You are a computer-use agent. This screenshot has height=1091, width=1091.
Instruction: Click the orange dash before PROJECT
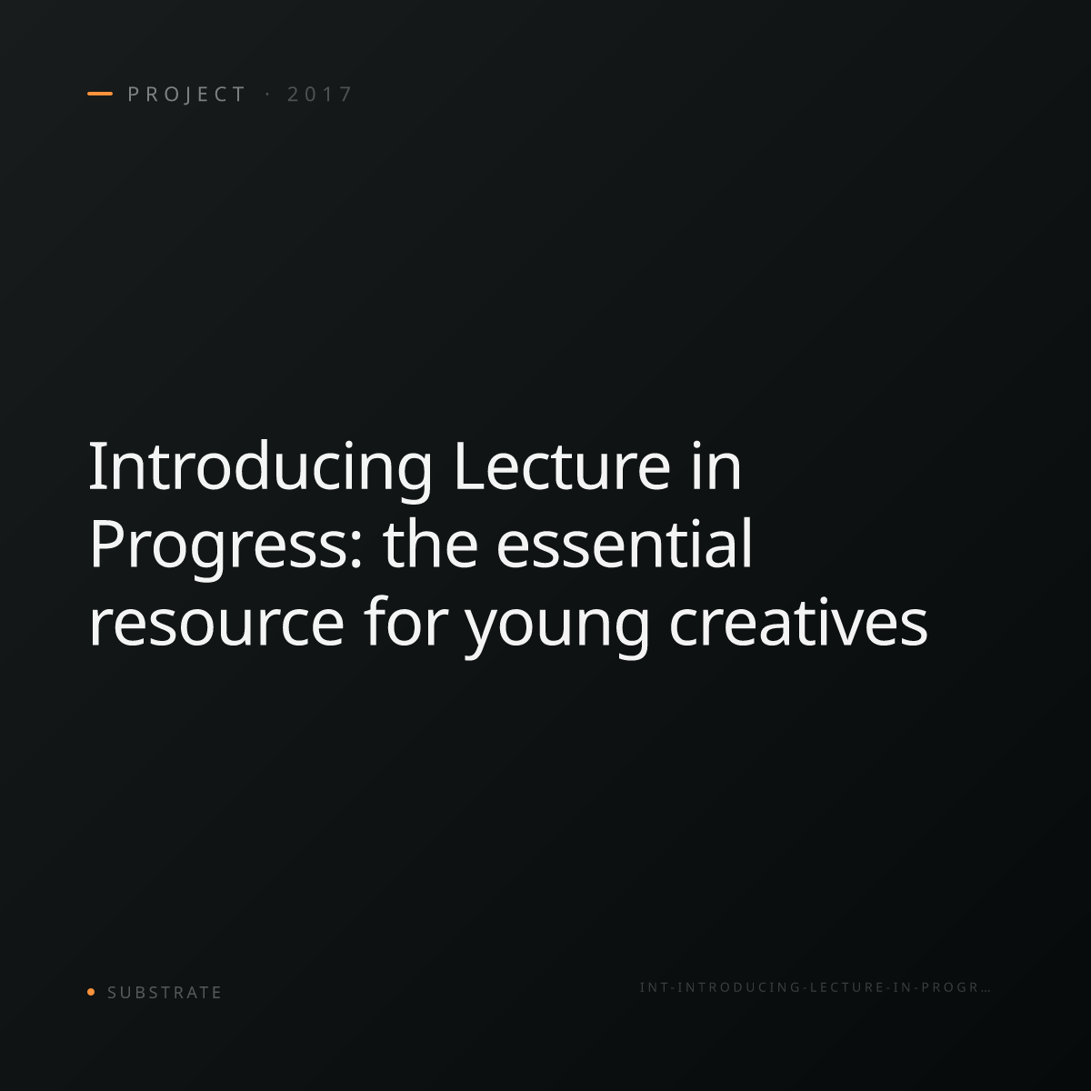(x=100, y=94)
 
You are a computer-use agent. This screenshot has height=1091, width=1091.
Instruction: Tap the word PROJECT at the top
(x=186, y=95)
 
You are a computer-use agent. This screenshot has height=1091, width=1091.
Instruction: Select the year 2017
(x=319, y=95)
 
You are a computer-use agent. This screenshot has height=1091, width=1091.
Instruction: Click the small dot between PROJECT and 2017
(x=267, y=95)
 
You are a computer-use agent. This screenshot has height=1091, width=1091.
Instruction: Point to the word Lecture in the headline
(x=563, y=466)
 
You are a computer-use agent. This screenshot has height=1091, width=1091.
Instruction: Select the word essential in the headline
(x=625, y=543)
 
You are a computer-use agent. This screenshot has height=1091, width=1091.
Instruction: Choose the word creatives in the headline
(x=798, y=622)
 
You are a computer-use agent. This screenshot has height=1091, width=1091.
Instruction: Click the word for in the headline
(x=407, y=621)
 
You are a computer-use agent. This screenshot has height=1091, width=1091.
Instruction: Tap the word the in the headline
(x=430, y=543)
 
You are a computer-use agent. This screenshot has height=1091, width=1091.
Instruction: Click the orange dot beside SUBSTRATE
(x=91, y=991)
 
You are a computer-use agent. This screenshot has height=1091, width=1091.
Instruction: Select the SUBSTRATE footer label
(x=165, y=993)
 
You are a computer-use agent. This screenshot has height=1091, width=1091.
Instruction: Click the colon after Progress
(x=355, y=551)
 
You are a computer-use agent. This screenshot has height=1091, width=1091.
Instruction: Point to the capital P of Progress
(x=105, y=544)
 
